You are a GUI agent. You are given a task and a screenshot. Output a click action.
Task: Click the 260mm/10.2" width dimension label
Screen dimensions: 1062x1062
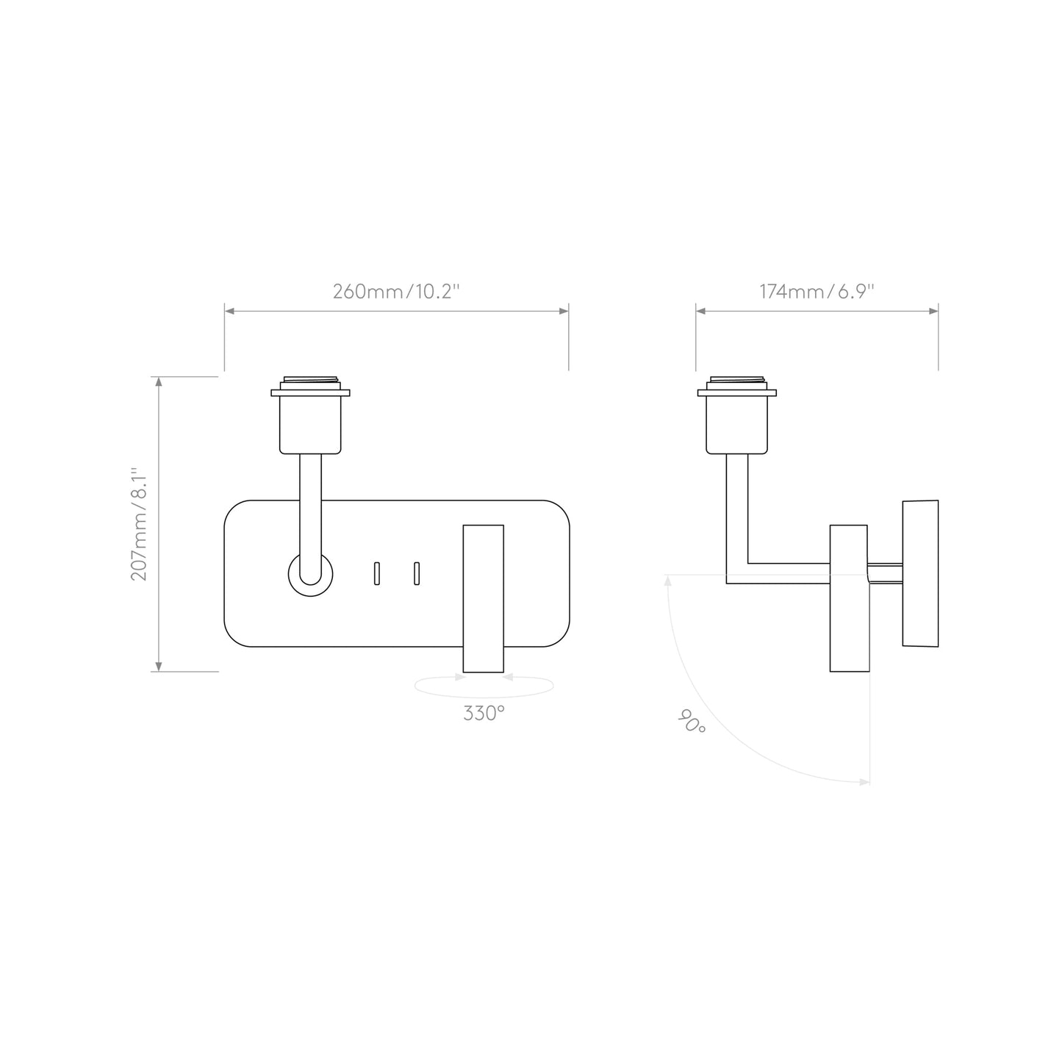396,292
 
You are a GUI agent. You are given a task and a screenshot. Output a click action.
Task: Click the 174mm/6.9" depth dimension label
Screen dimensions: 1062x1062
817,292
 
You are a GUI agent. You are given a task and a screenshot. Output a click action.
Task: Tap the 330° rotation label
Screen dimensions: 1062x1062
484,713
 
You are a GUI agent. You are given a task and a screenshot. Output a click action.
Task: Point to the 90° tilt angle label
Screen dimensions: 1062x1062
691,721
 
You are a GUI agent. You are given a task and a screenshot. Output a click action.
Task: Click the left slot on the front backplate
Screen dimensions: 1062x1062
377,573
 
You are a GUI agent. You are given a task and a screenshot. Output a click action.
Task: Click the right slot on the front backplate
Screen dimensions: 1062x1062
417,573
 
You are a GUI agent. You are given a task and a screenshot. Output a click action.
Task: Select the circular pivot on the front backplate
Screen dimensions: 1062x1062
310,574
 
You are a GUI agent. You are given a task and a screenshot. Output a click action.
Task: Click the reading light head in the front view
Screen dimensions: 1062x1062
483,598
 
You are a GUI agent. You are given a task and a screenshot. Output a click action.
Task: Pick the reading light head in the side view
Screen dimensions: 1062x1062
849,598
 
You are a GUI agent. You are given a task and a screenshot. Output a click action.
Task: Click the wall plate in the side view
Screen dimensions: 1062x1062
920,573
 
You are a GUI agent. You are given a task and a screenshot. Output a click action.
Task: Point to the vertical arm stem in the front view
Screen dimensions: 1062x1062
310,507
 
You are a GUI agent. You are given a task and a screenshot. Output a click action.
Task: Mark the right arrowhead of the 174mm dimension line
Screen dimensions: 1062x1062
934,312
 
